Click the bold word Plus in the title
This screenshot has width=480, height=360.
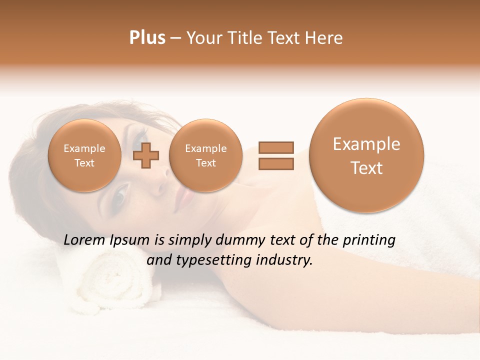(147, 38)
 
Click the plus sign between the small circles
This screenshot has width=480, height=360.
(146, 155)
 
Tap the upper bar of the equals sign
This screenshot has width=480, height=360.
(276, 147)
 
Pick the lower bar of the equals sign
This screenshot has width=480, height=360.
(276, 163)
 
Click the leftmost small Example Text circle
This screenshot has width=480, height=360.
(84, 155)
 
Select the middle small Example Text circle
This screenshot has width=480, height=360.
(206, 155)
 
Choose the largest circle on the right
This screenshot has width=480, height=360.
(366, 155)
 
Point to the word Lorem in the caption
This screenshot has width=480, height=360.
(84, 240)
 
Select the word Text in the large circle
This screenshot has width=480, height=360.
(366, 168)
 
